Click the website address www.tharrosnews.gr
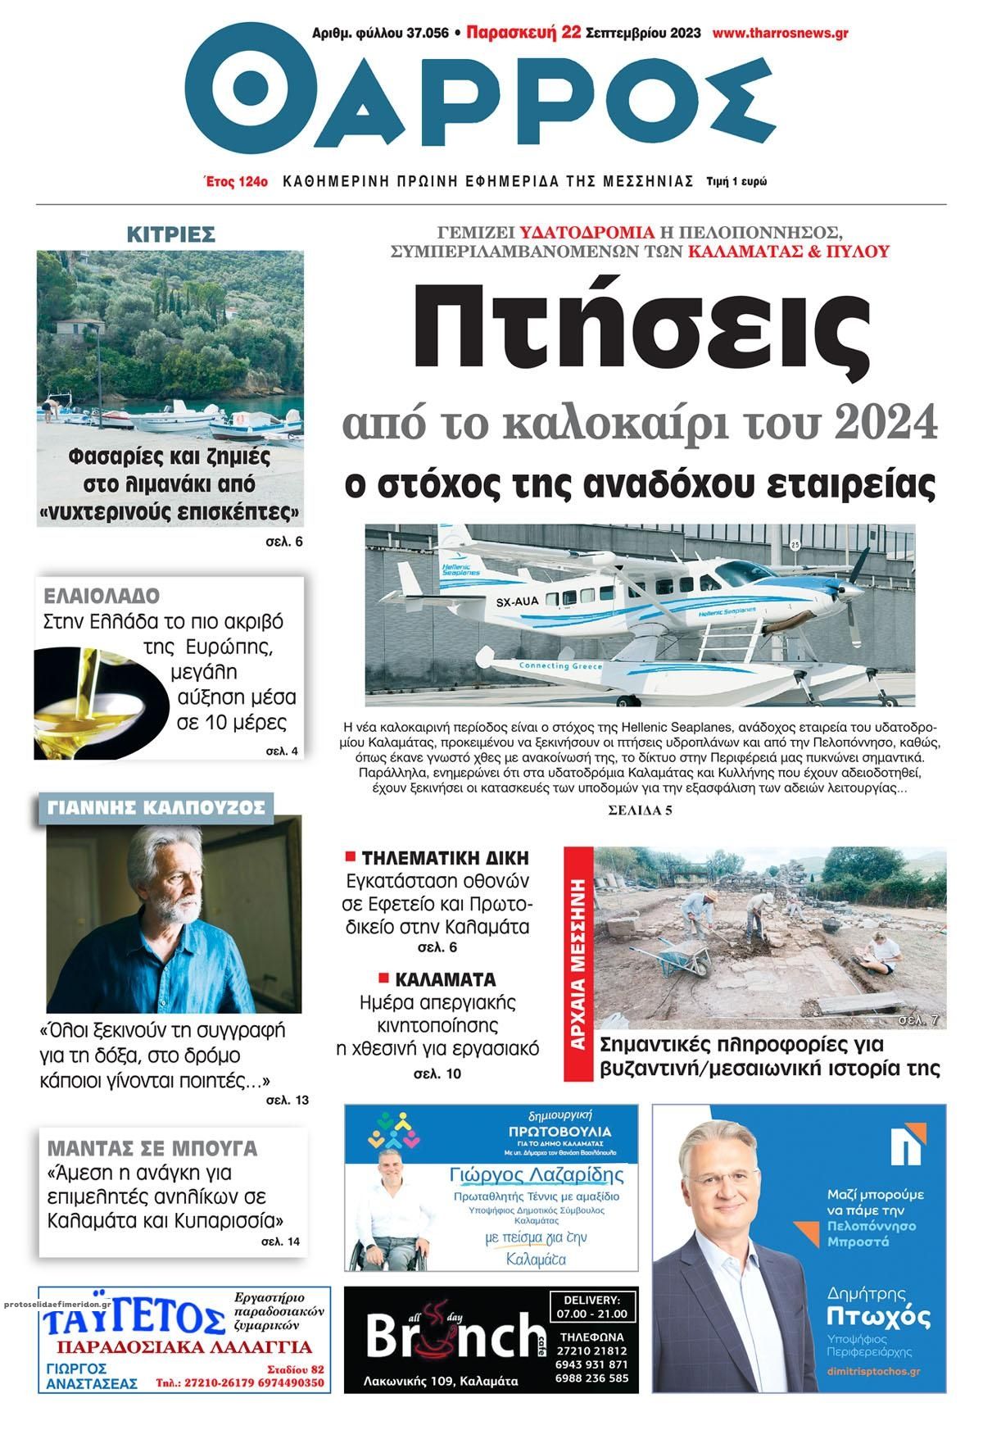coord(780,34)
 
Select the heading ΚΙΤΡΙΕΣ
coord(170,234)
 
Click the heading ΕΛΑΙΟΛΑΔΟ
coord(102,596)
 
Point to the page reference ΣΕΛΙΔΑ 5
coord(640,811)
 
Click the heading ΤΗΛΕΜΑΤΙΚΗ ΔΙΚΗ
coord(446,858)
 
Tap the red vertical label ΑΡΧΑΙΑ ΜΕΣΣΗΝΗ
coord(579,964)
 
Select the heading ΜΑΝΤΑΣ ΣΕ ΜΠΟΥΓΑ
coord(152,1147)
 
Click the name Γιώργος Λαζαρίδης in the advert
coord(537,1175)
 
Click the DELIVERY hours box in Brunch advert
coord(594,1307)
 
